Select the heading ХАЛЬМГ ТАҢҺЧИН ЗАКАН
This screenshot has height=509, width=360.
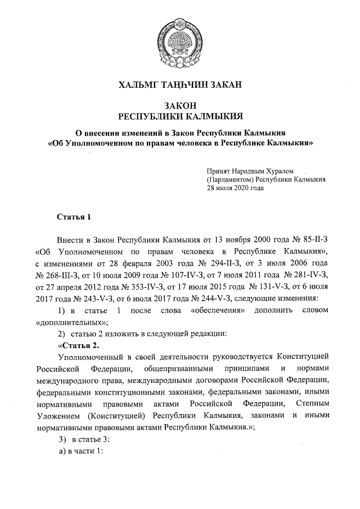tap(179, 85)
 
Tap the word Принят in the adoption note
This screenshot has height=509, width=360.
tap(218, 170)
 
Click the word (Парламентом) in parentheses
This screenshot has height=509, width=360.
tap(230, 179)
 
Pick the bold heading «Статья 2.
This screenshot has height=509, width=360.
tap(79, 345)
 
